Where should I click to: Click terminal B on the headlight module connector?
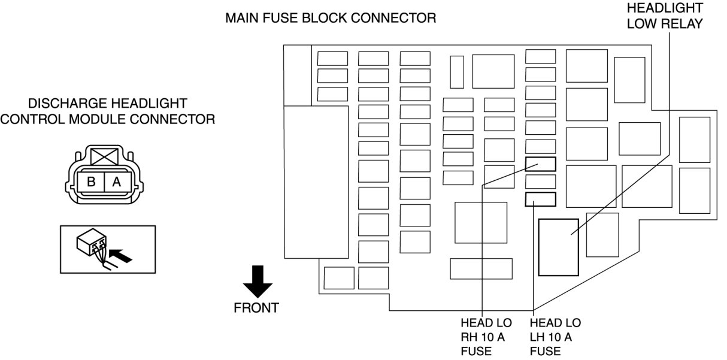pyautogui.click(x=91, y=181)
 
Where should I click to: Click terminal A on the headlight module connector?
pyautogui.click(x=117, y=181)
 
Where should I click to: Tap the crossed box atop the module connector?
pyautogui.click(x=105, y=157)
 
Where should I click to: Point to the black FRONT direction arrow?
pyautogui.click(x=258, y=282)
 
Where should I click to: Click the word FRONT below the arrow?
pyautogui.click(x=256, y=308)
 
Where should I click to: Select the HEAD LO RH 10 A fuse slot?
pyautogui.click(x=540, y=164)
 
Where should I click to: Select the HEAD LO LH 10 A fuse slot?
pyautogui.click(x=540, y=199)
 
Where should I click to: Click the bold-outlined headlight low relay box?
pyautogui.click(x=559, y=247)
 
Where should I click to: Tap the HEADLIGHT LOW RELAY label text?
pyautogui.click(x=665, y=16)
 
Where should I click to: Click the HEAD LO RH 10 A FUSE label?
pyautogui.click(x=486, y=337)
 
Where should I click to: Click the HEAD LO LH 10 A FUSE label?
pyautogui.click(x=555, y=337)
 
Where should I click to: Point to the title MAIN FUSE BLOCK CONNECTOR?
pyautogui.click(x=331, y=18)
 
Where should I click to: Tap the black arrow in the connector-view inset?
pyautogui.click(x=121, y=255)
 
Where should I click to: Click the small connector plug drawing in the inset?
pyautogui.click(x=92, y=243)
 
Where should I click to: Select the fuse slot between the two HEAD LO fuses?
pyautogui.click(x=540, y=181)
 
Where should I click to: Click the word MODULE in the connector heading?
pyautogui.click(x=99, y=119)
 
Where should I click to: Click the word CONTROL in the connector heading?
pyautogui.click(x=32, y=119)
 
